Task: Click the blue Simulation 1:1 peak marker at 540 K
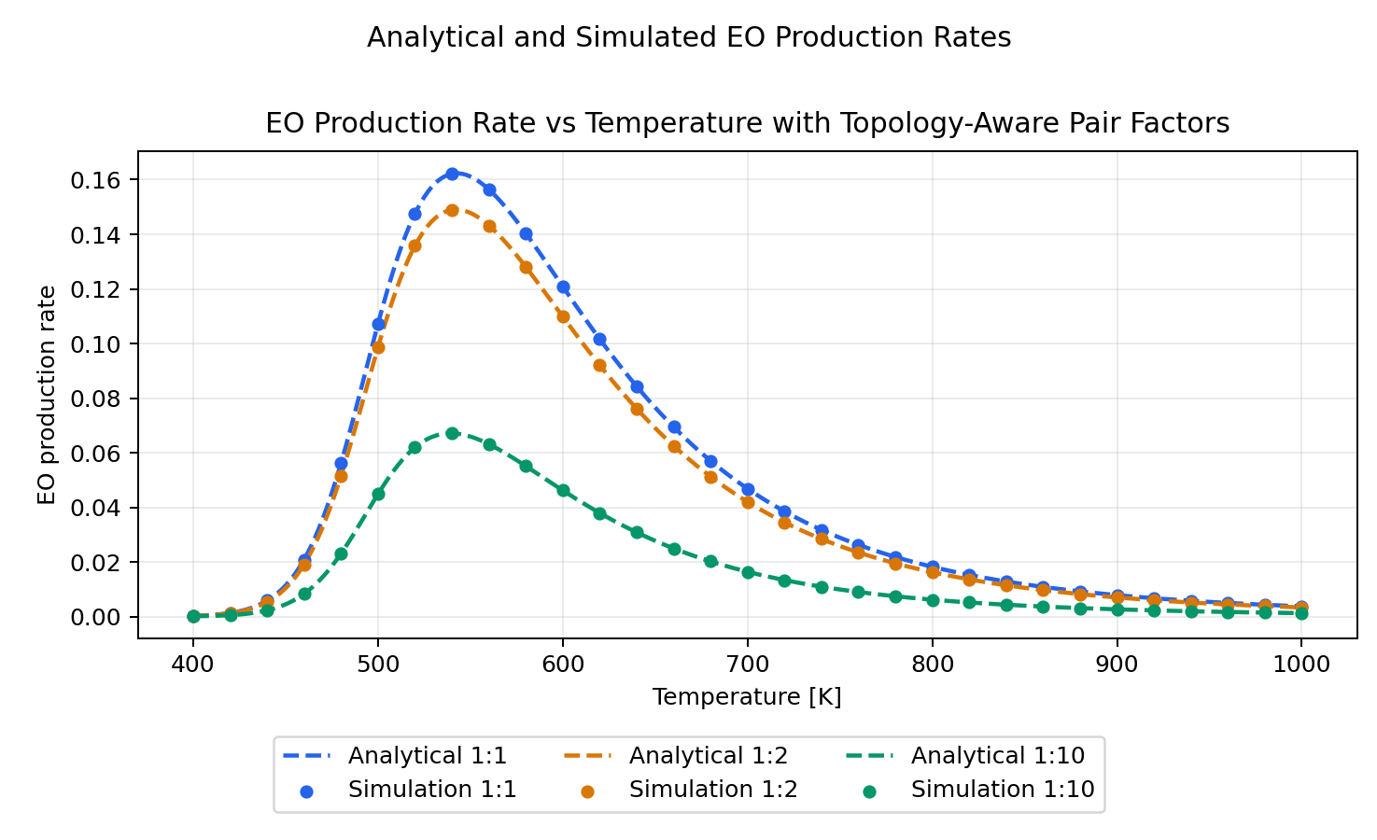click(x=452, y=174)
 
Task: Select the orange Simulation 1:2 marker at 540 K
click(x=452, y=210)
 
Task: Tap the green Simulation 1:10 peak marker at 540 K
click(x=452, y=433)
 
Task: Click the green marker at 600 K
click(x=563, y=490)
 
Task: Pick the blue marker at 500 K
click(x=378, y=325)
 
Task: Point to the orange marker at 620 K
click(x=599, y=365)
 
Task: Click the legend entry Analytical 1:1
click(x=427, y=755)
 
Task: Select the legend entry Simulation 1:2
click(x=712, y=790)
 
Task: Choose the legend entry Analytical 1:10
click(x=997, y=755)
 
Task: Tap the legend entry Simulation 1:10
click(x=1002, y=790)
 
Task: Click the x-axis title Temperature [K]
click(x=747, y=697)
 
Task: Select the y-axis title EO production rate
click(x=47, y=395)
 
